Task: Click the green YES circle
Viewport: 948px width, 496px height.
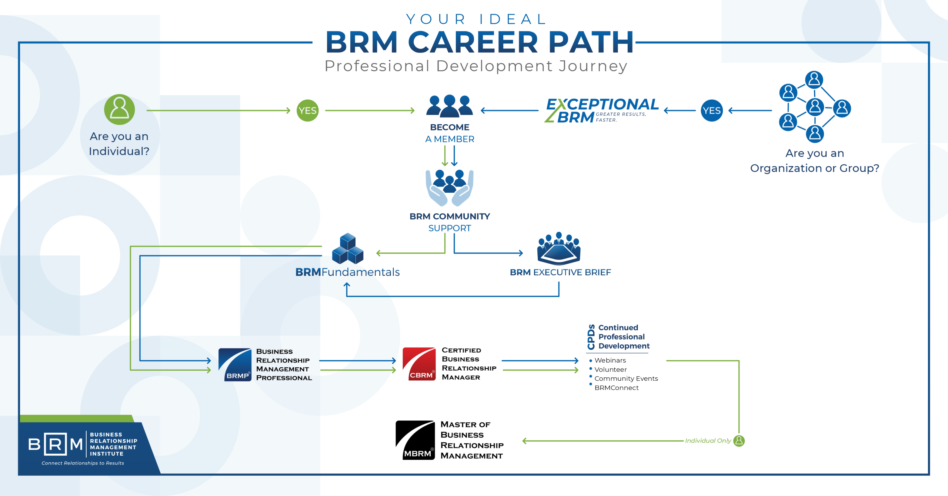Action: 307,110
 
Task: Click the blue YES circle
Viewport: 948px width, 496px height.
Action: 711,110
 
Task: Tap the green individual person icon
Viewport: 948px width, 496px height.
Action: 119,109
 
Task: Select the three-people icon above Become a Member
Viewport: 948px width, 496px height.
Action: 449,105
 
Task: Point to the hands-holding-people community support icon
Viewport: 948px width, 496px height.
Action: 449,188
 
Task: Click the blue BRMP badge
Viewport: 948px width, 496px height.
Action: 235,364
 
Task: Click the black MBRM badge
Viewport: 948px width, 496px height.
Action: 415,440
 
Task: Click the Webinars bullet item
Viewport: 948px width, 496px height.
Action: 610,360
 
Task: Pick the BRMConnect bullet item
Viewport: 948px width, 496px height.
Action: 616,388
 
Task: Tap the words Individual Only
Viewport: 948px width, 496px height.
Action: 708,440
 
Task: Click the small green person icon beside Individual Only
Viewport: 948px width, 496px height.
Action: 739,440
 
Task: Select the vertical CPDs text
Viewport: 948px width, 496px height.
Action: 591,337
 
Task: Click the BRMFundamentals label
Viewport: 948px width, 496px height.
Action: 347,272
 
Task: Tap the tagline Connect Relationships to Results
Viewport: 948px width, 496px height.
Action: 83,463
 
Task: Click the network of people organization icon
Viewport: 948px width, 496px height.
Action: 814,107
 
